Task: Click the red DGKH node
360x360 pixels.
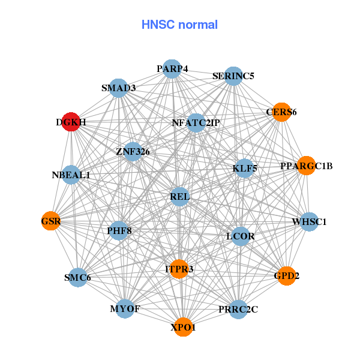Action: pos(71,122)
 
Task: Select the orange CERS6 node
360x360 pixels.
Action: pos(281,112)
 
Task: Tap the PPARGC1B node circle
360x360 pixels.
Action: pos(306,166)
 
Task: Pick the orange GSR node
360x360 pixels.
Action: pos(51,221)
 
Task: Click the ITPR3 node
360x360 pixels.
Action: pos(179,269)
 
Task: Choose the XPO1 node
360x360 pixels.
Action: pos(184,327)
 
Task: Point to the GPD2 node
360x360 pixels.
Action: pos(286,275)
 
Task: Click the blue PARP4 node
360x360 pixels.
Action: pos(172,69)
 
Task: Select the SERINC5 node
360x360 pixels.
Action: pos(233,76)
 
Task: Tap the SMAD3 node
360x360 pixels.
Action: pos(119,88)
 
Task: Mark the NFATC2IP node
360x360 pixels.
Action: pos(196,123)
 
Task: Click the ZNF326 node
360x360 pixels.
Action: pos(133,151)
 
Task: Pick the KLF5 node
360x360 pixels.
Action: pos(245,168)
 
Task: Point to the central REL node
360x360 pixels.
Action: pos(180,196)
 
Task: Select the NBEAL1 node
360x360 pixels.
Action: pos(71,175)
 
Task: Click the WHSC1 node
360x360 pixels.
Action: pos(309,221)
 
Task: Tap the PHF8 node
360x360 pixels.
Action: pos(119,230)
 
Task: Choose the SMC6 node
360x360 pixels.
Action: pos(77,277)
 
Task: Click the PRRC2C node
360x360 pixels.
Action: pos(238,309)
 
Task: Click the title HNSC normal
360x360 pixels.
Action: pos(179,25)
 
